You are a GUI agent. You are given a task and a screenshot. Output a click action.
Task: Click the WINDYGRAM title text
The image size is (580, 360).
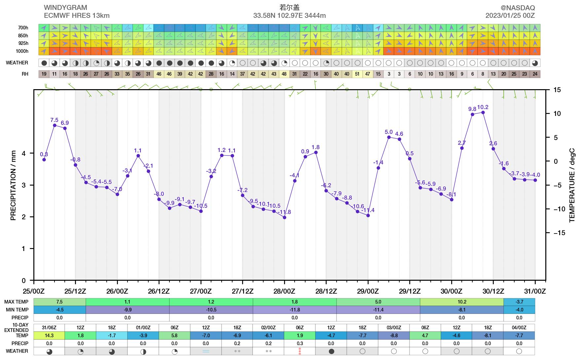65,8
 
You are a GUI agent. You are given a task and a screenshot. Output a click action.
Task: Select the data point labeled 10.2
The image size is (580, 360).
483,113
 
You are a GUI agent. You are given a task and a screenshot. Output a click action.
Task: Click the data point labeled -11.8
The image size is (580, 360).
284,217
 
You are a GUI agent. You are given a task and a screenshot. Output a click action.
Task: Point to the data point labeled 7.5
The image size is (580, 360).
54,125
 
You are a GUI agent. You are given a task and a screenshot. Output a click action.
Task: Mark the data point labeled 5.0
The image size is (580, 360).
389,137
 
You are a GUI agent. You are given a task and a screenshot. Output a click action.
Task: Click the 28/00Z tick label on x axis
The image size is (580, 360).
284,291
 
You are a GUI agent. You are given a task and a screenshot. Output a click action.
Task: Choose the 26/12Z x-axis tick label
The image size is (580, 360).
159,291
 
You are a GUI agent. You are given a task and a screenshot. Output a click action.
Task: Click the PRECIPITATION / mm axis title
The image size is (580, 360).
13,185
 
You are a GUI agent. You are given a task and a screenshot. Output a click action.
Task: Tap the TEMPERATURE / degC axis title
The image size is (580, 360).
572,185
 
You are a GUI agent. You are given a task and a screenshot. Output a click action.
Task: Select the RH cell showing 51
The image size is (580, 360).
357,74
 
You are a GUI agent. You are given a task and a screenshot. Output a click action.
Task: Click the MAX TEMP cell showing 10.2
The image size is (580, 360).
462,302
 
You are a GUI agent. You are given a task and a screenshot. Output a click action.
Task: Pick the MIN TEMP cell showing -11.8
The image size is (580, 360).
295,310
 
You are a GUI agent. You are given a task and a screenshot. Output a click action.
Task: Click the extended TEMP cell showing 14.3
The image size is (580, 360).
49,336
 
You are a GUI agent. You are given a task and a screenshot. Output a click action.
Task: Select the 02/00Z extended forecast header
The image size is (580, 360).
269,328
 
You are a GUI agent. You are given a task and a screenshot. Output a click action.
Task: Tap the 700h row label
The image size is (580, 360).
23,28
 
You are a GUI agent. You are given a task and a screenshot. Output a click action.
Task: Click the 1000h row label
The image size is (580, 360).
22,51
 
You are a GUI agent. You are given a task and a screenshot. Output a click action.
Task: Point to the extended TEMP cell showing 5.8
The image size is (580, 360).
174,336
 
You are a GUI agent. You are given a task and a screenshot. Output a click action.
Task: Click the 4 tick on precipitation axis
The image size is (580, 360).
23,153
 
